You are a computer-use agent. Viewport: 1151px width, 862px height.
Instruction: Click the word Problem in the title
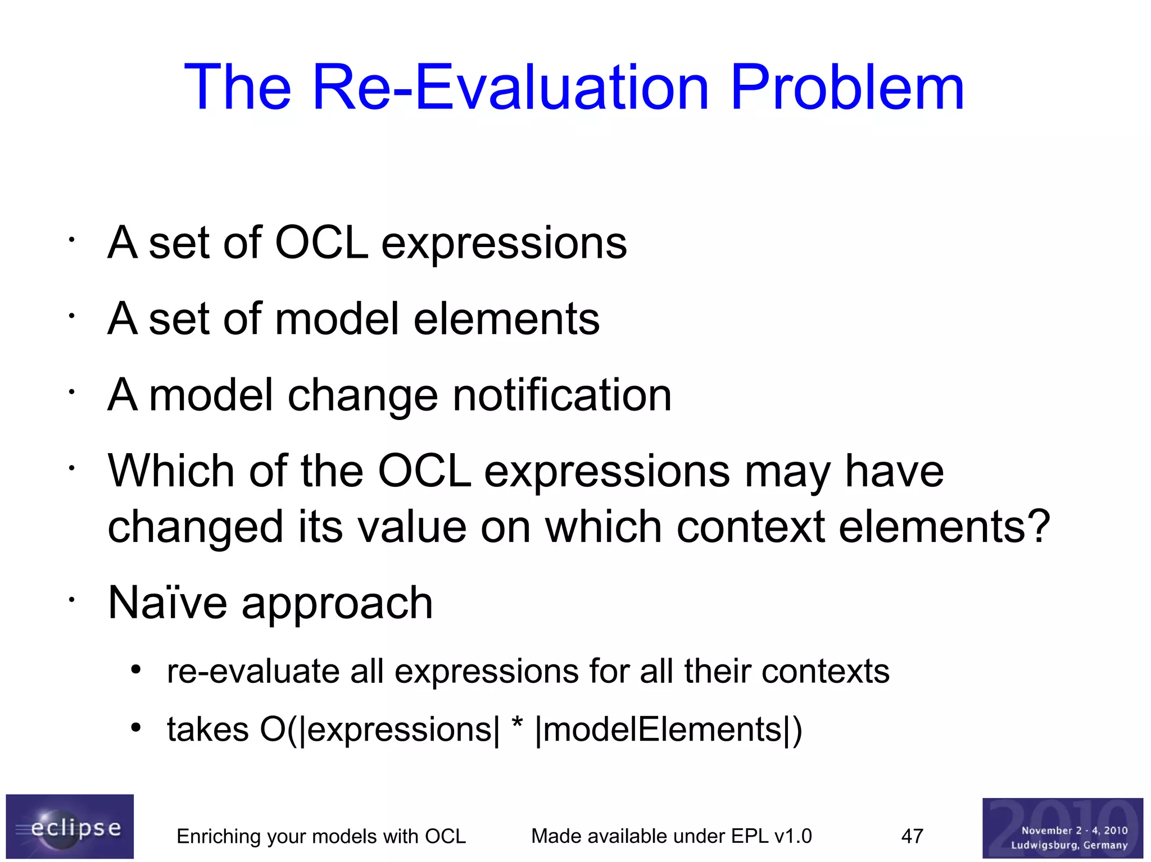pos(848,87)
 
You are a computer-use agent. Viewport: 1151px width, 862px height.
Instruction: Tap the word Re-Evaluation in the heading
pos(510,87)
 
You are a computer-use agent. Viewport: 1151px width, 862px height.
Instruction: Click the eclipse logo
pos(70,825)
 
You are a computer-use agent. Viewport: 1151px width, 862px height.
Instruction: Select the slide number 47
pos(912,836)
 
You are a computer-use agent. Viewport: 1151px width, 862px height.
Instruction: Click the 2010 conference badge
pos(1062,828)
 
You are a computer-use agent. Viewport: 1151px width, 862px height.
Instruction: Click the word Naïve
pos(167,603)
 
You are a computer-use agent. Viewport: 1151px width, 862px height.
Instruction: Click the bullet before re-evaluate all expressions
pos(135,669)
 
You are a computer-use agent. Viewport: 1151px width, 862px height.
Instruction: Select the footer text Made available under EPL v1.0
pos(671,836)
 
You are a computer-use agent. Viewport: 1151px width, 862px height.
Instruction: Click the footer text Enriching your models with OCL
pos(321,836)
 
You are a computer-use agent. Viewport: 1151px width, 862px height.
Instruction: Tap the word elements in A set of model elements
pos(506,319)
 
